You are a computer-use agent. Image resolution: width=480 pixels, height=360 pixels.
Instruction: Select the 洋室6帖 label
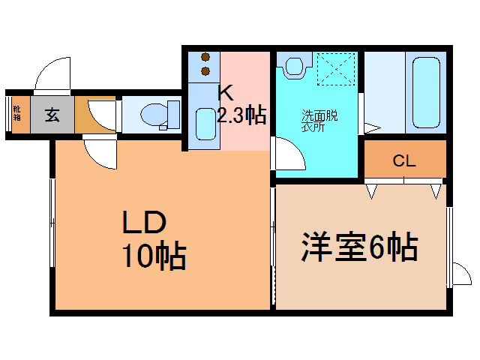pos(359,247)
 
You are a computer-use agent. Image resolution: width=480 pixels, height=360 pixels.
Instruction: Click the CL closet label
pos(404,160)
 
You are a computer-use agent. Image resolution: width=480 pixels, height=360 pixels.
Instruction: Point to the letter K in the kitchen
pos(225,94)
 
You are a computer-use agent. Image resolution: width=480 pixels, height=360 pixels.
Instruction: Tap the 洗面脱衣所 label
pos(319,121)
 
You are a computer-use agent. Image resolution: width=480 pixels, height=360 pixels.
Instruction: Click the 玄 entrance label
pos(52,115)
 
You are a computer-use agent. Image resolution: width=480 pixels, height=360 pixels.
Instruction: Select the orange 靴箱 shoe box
pos(16,115)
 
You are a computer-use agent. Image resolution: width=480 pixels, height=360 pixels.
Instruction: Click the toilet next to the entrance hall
pos(157,115)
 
